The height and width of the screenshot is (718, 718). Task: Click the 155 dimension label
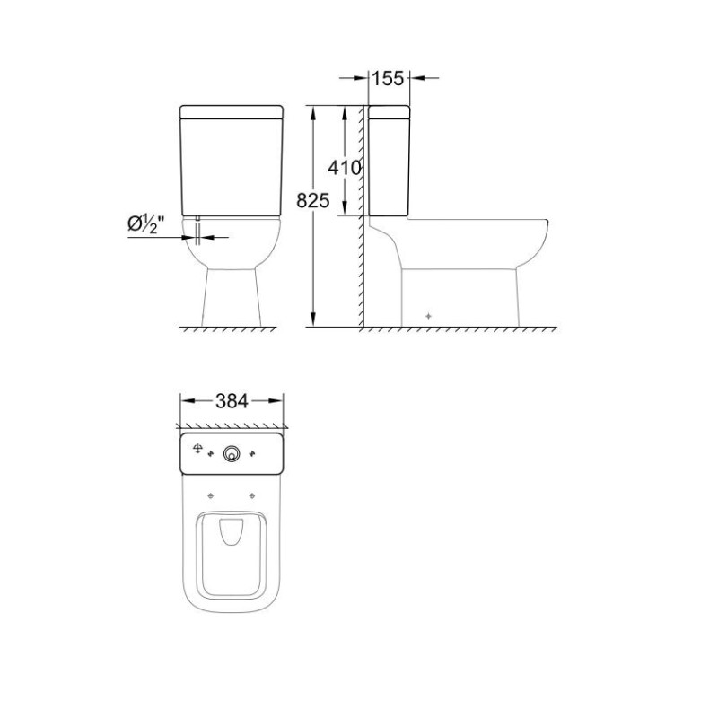tap(388, 78)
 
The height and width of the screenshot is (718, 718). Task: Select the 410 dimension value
tap(345, 168)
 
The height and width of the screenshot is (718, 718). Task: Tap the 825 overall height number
tap(312, 200)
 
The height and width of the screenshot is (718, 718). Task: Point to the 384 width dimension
tap(232, 401)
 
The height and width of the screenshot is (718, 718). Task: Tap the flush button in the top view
tap(232, 454)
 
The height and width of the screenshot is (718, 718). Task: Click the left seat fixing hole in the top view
tap(211, 495)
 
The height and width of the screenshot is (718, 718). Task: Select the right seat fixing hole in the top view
tap(252, 495)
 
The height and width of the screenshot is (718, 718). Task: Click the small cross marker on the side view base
tap(428, 316)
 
